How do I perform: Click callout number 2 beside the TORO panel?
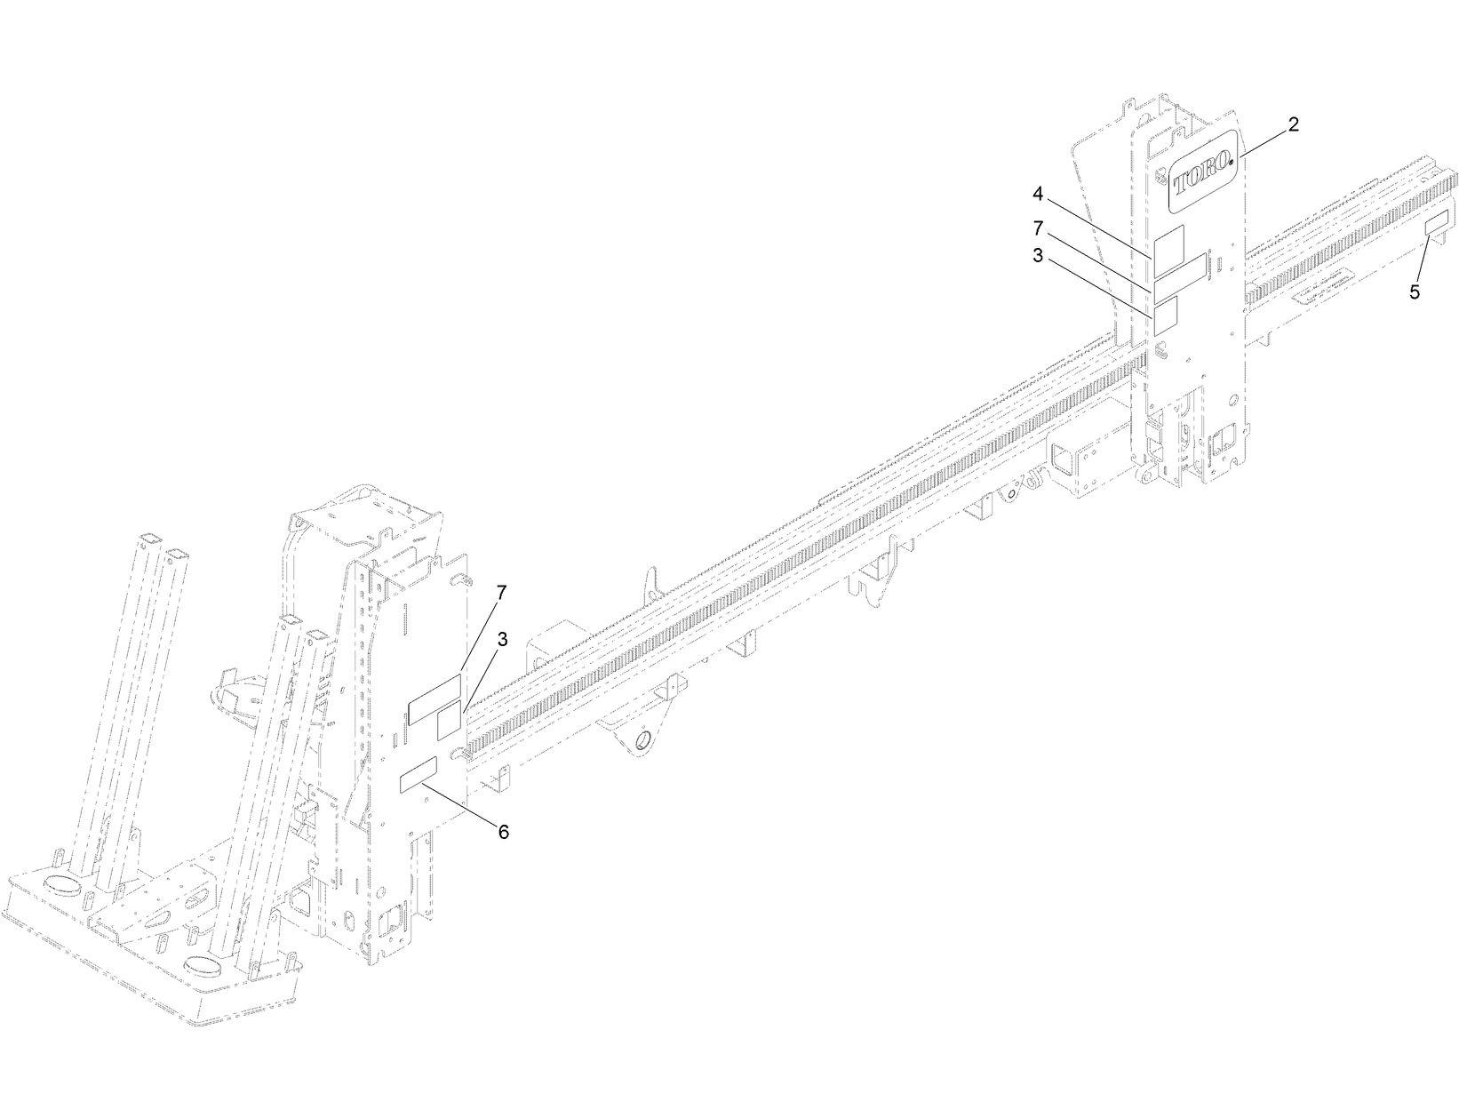point(1293,124)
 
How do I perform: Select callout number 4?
point(1037,193)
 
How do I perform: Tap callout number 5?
point(1415,291)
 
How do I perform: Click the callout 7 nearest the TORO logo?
point(1037,228)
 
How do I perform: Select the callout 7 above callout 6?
point(501,591)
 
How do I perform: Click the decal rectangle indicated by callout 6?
point(419,774)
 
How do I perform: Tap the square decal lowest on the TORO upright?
point(1165,315)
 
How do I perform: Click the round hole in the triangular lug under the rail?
point(642,739)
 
